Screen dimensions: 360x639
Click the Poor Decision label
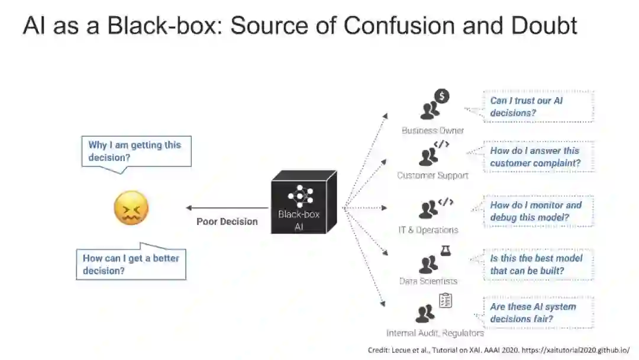coord(227,221)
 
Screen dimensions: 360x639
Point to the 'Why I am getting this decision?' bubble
coord(136,151)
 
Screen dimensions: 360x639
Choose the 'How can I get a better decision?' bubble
coord(131,264)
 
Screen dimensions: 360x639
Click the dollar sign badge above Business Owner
coord(441,96)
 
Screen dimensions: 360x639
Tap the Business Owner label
coord(433,130)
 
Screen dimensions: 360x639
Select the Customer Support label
coord(433,175)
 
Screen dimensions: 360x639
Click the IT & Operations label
coord(428,230)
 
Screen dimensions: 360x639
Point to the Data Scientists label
coord(428,281)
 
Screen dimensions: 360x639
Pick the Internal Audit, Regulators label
coord(435,333)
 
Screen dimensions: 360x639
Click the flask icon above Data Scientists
coord(446,250)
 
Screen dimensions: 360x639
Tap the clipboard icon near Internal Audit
coord(446,301)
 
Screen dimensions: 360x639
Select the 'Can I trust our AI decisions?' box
coord(538,107)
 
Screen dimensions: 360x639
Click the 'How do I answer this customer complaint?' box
coord(538,157)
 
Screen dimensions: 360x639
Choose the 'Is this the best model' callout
coord(538,265)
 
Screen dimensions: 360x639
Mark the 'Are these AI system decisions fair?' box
coord(538,313)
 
